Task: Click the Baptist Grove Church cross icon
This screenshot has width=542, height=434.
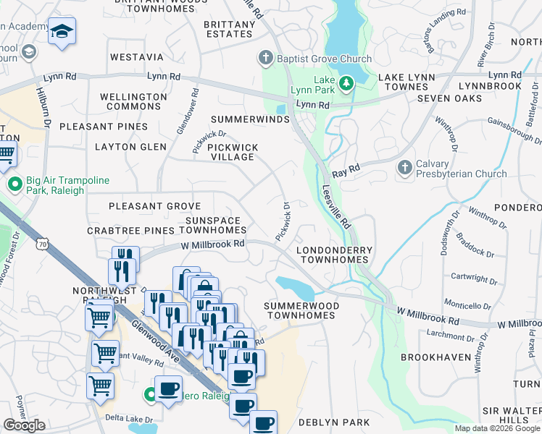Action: [x=266, y=58]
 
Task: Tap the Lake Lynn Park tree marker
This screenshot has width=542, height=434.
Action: [x=346, y=84]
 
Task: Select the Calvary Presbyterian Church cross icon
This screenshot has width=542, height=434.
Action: [x=404, y=169]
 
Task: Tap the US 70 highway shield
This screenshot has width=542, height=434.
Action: [x=45, y=246]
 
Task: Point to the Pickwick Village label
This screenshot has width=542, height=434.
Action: [x=233, y=152]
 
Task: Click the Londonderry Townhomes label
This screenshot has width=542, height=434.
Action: [x=335, y=255]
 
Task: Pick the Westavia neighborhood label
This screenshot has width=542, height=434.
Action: [x=137, y=56]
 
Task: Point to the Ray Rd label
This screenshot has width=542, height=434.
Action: [x=346, y=174]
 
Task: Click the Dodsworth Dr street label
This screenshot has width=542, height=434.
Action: [x=444, y=232]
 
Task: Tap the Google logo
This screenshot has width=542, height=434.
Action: [x=24, y=425]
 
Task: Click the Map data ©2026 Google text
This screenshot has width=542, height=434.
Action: [x=497, y=428]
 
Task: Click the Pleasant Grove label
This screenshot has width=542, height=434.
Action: [x=154, y=206]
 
